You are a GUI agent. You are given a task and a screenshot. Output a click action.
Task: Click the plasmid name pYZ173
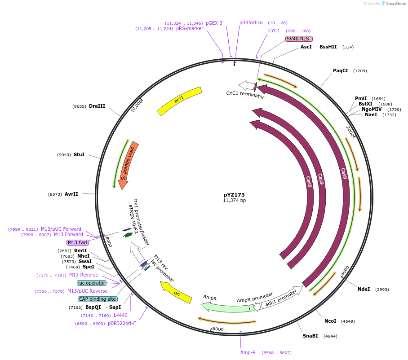coord(234,195)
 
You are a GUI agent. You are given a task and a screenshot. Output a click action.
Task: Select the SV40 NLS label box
coord(299,39)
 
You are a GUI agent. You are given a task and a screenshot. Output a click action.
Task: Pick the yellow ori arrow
coord(176,293)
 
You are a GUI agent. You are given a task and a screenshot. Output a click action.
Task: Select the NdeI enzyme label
coord(364,289)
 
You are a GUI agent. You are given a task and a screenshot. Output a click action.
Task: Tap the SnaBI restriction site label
coord(310,336)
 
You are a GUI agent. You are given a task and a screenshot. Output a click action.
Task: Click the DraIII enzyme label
coord(97,106)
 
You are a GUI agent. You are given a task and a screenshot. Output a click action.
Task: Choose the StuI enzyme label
coord(79,155)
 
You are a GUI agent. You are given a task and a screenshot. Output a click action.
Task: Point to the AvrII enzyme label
coord(71,194)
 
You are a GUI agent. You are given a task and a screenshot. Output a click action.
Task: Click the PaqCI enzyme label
coord(340,71)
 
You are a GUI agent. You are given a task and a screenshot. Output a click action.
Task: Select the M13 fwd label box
coord(78,242)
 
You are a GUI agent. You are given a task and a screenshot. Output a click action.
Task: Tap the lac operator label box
coord(92,283)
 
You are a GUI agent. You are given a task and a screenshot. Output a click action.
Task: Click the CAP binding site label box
coord(98,299)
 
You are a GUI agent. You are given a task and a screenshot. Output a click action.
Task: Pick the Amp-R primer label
coord(248,353)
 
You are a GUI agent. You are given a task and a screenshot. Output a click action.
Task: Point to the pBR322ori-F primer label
coord(122,323)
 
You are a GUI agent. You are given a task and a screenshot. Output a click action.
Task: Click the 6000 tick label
coord(217,329)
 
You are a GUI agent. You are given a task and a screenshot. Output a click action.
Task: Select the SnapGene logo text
coord(396,4)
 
